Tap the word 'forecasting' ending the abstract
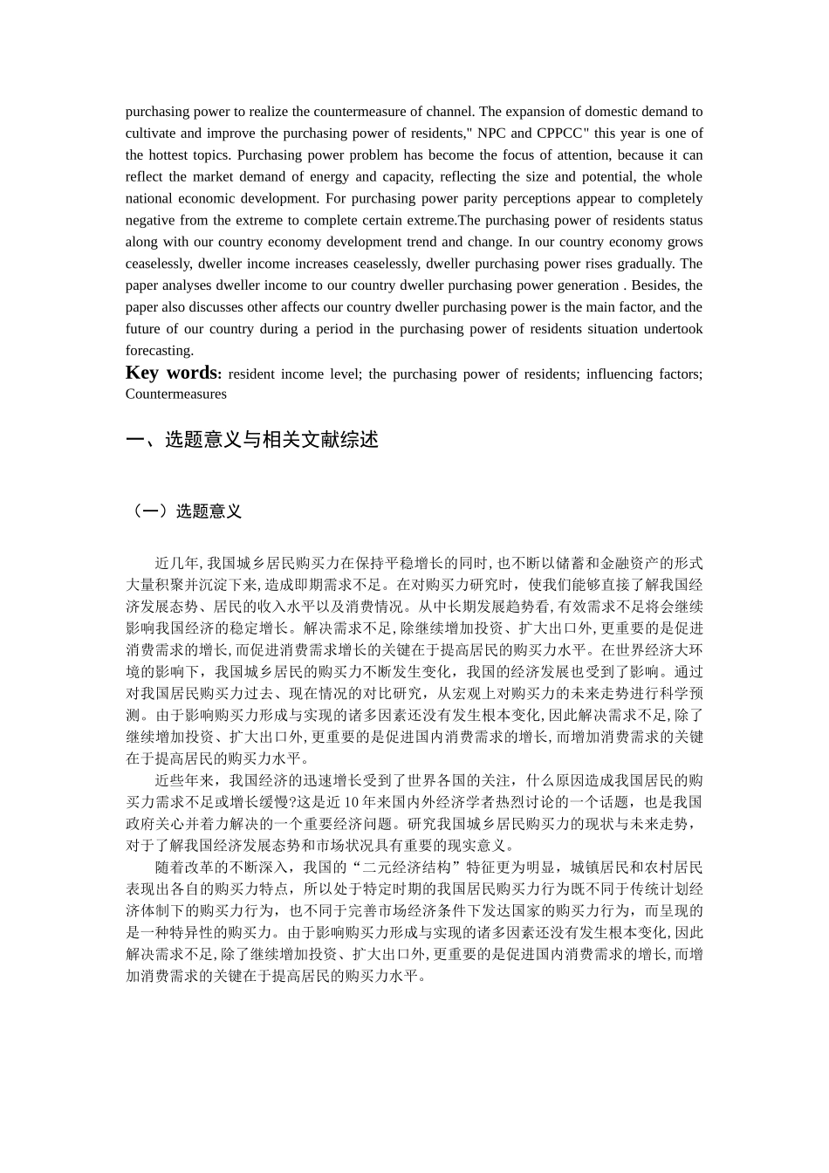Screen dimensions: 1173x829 coord(159,351)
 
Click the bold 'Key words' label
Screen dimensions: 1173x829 coord(173,373)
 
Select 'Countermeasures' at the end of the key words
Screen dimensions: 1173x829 coord(175,394)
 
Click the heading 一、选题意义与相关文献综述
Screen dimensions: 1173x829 coord(252,440)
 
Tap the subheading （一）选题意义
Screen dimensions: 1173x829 coord(184,511)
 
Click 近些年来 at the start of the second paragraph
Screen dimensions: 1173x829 coord(184,780)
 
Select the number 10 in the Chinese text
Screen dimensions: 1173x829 coord(350,802)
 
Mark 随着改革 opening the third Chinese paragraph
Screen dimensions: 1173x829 coord(184,868)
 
